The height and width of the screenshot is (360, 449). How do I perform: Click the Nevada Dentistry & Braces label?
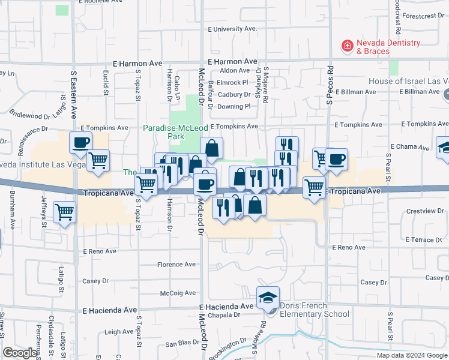(x=388, y=47)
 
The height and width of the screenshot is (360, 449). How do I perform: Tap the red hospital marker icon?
(x=347, y=45)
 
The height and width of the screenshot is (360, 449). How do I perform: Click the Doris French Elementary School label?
(x=313, y=310)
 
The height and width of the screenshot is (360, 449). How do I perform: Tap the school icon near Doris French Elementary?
(x=268, y=298)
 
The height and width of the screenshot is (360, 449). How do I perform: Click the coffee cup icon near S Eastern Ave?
(x=81, y=143)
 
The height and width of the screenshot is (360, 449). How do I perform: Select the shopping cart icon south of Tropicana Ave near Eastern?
(x=64, y=211)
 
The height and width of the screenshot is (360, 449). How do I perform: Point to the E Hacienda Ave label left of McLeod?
(x=110, y=310)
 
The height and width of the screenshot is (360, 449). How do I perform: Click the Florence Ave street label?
(x=176, y=264)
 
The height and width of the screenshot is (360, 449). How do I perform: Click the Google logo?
(x=20, y=353)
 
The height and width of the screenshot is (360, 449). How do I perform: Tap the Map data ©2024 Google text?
(x=411, y=355)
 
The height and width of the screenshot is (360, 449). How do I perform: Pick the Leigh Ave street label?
(x=119, y=331)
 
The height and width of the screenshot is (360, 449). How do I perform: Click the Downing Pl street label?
(x=234, y=106)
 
